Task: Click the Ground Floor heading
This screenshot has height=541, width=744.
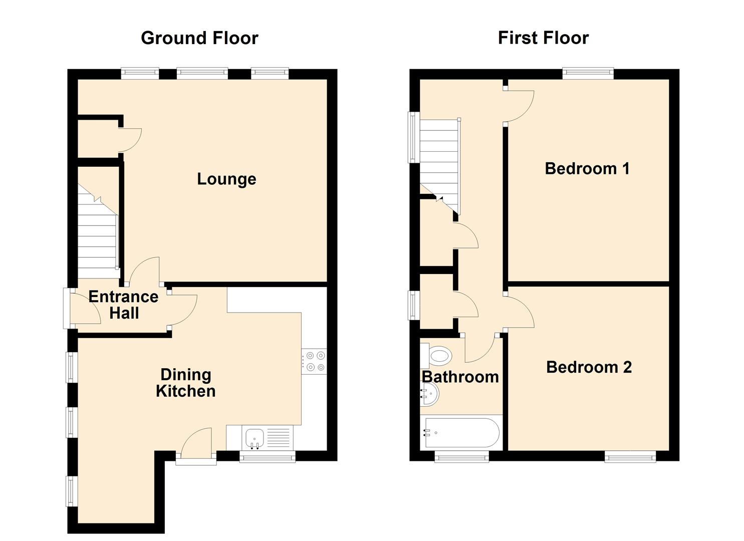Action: [199, 38]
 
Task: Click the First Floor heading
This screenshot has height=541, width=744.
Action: [544, 38]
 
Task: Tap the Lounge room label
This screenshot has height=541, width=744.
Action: [226, 179]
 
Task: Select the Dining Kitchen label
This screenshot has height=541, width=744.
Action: [186, 383]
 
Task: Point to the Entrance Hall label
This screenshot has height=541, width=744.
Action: [124, 305]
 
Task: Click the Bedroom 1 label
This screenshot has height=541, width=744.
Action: [587, 168]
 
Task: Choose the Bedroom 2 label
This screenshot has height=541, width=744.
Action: [589, 367]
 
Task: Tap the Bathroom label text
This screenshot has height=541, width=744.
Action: [460, 377]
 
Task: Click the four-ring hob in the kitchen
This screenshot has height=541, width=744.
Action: [314, 361]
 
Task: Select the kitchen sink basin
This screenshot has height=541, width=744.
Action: [255, 438]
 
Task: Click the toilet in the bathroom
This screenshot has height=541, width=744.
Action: [436, 356]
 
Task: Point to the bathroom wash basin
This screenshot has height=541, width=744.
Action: [429, 394]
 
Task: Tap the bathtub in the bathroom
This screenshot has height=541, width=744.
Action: [461, 433]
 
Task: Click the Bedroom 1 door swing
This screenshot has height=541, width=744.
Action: [519, 106]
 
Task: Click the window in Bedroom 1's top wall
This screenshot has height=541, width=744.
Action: [588, 74]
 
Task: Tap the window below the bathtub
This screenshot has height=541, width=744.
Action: [461, 457]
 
